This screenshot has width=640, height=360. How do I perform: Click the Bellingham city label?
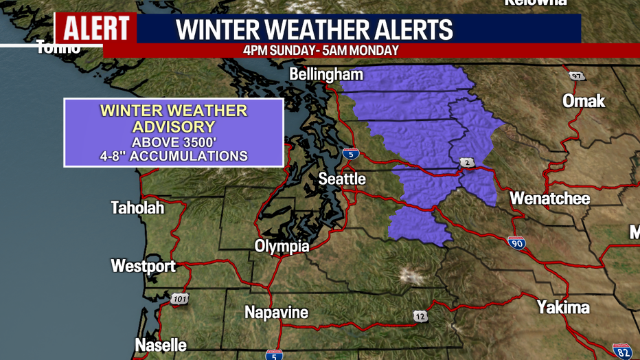326,74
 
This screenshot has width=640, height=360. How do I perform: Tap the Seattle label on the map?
342,179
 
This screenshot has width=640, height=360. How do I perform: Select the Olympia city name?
282,247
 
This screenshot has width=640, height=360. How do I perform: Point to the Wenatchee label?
549,199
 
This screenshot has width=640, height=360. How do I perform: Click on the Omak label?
584,101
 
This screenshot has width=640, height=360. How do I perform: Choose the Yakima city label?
563,306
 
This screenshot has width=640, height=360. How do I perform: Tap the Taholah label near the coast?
137,207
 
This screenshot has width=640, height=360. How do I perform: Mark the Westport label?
143,266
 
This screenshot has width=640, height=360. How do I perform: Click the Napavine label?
276,313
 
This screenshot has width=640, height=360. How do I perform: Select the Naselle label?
161,345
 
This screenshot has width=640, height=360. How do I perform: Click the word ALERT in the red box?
96,28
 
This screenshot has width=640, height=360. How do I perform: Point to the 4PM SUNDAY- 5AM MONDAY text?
320,51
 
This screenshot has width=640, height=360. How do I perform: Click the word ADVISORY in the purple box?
173,126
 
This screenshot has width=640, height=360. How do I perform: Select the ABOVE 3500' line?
173,142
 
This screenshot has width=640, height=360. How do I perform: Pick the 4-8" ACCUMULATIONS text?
173,156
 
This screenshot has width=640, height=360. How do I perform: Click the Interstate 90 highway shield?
516,242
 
